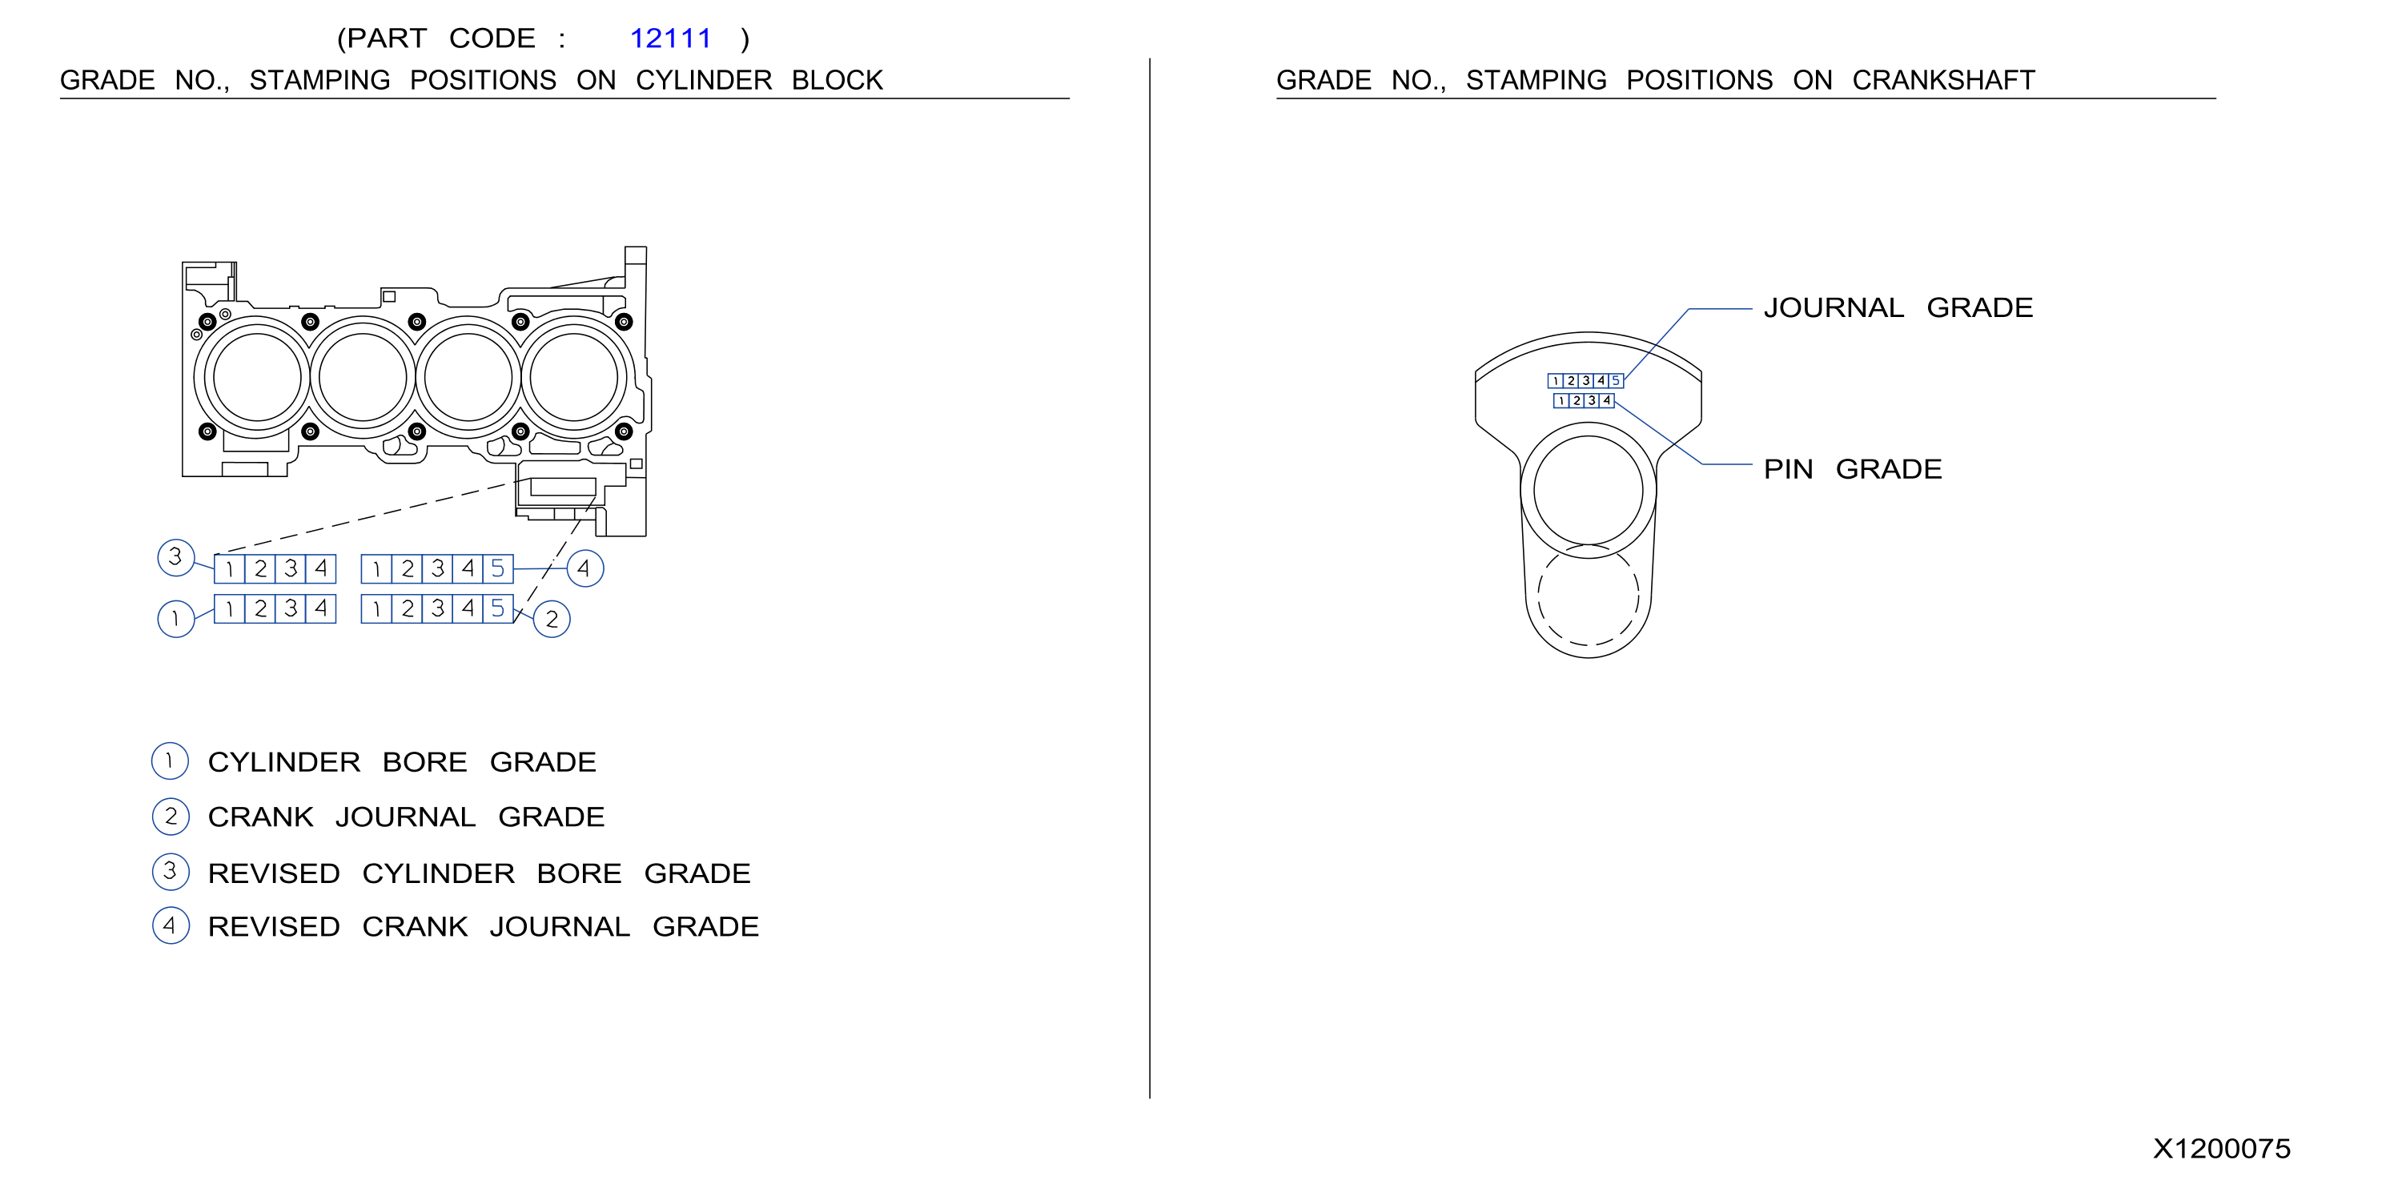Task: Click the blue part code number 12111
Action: click(x=669, y=39)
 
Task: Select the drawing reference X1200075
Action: click(x=2221, y=1149)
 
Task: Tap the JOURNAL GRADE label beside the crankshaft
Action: click(x=1898, y=308)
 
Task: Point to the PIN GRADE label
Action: click(x=1852, y=470)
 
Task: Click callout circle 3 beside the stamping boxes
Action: click(x=175, y=557)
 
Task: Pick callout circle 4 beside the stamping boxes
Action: click(x=584, y=568)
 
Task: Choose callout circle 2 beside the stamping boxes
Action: click(x=552, y=620)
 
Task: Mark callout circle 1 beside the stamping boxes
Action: click(x=175, y=620)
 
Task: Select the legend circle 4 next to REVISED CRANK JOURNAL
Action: click(x=170, y=925)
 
